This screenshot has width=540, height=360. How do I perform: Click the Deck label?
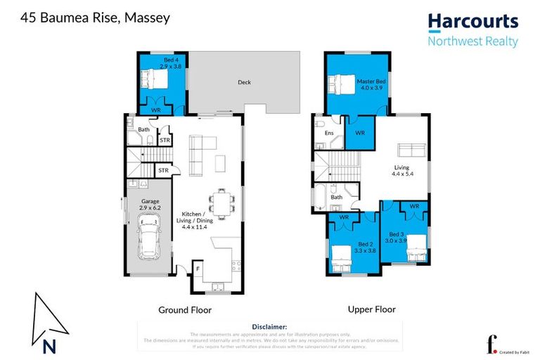point(244,82)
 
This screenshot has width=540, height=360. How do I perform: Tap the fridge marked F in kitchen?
point(199,268)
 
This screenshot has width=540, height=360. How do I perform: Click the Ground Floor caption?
point(185,309)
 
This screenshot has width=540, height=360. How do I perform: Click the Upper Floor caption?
point(371,309)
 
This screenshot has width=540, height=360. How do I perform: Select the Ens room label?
point(328,132)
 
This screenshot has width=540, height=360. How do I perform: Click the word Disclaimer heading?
point(269,327)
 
